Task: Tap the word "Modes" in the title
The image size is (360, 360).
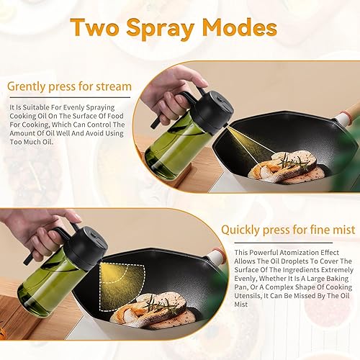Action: pos(243,28)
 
